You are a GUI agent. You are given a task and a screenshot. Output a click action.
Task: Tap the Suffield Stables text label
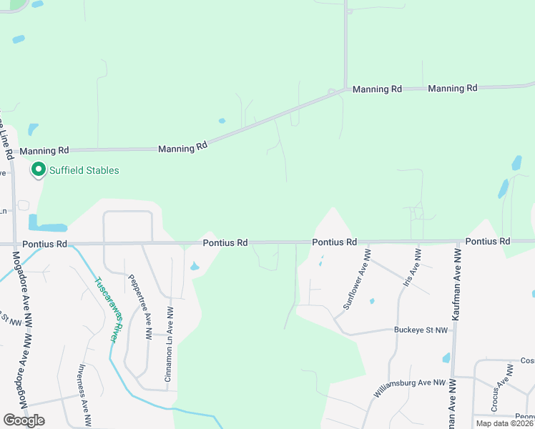pos(84,170)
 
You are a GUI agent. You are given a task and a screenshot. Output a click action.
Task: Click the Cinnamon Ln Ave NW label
pos(170,345)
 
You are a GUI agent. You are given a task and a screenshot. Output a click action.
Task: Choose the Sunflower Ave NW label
pos(358,279)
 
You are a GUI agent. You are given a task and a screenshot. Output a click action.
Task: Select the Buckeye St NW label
pos(421,330)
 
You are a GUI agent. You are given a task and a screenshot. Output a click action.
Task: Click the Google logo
pos(24,420)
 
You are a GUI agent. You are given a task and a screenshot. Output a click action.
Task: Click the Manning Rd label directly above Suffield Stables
pos(44,151)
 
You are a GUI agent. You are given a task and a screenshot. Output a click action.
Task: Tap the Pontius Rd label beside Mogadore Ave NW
pos(43,244)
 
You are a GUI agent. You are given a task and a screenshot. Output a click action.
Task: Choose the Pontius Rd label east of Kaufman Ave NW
pos(487,242)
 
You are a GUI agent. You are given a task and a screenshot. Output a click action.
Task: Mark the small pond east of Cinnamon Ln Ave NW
pos(195,267)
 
